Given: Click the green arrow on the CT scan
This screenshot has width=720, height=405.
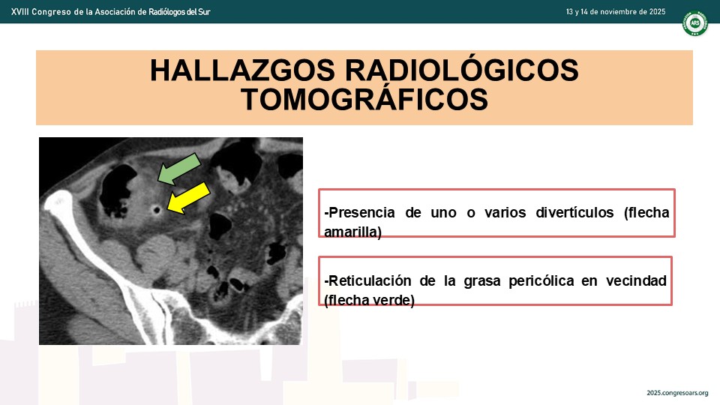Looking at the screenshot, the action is pyautogui.click(x=179, y=169).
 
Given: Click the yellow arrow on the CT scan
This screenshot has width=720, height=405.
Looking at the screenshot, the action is pyautogui.click(x=189, y=198).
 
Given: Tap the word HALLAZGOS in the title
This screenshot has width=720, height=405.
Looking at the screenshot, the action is pyautogui.click(x=242, y=70).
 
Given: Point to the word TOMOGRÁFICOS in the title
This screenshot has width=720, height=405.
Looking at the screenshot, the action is pyautogui.click(x=364, y=99).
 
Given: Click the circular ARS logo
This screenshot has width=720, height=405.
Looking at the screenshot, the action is pyautogui.click(x=694, y=23).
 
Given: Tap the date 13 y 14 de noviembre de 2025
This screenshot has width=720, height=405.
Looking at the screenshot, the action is pyautogui.click(x=616, y=12).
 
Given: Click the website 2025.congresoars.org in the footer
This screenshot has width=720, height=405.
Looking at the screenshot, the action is pyautogui.click(x=677, y=393).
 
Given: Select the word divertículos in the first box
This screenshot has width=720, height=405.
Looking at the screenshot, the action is pyautogui.click(x=574, y=212).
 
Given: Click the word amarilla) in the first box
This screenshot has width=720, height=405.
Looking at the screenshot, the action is pyautogui.click(x=352, y=232).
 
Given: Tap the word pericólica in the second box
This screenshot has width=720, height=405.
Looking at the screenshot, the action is pyautogui.click(x=541, y=280).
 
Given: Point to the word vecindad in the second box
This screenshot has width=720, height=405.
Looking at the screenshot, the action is pyautogui.click(x=636, y=280).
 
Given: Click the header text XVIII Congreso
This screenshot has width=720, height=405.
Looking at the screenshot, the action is pyautogui.click(x=40, y=12).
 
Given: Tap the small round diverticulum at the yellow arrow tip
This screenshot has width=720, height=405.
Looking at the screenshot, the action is pyautogui.click(x=157, y=210).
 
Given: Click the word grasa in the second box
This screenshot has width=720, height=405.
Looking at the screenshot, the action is pyautogui.click(x=482, y=280).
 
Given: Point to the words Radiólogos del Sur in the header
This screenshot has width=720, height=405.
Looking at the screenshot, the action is pyautogui.click(x=179, y=12).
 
